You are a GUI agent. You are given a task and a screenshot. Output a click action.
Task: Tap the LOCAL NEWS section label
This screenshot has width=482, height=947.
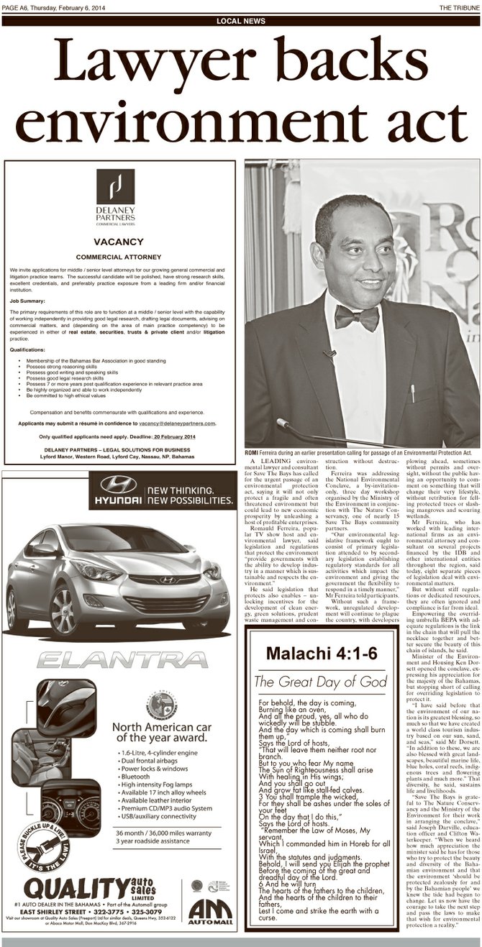[x=241, y=21]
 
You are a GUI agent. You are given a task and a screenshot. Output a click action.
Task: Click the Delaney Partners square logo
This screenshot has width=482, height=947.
[x=116, y=186]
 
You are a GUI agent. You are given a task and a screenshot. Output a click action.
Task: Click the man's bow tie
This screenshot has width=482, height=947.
[x=357, y=316]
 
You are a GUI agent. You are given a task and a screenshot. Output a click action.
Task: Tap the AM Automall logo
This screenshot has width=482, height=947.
[x=210, y=910]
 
